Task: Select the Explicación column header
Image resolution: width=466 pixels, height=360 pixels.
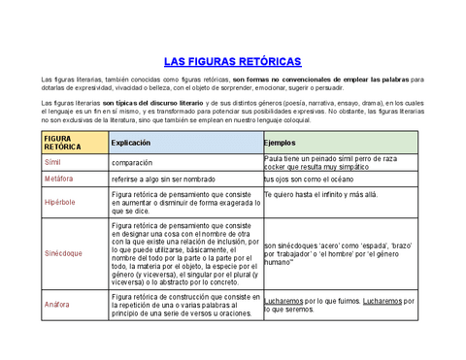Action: click(131, 143)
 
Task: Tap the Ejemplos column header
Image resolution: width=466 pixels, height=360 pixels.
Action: click(283, 143)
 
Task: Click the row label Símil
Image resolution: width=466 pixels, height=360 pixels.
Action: click(53, 162)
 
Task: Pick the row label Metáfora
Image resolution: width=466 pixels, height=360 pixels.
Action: click(59, 180)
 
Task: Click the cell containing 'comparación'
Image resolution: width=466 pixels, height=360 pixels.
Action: click(132, 163)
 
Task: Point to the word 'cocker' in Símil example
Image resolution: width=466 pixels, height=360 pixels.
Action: click(278, 167)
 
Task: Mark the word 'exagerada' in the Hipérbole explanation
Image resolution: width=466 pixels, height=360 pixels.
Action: click(233, 202)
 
